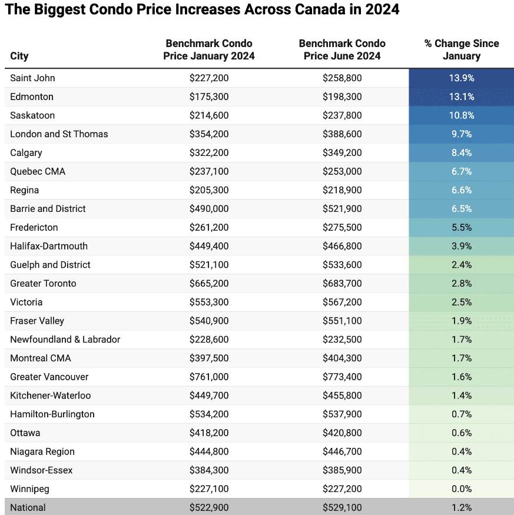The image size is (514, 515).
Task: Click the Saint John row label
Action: (x=33, y=78)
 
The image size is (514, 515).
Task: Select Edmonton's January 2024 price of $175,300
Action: (x=209, y=97)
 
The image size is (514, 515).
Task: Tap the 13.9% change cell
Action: (x=461, y=78)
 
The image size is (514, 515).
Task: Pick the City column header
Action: (x=19, y=56)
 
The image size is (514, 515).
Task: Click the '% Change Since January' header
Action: (x=461, y=49)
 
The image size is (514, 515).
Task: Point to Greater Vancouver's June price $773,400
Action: (x=342, y=377)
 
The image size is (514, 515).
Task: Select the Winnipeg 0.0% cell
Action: (x=461, y=489)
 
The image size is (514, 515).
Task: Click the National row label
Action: (x=28, y=507)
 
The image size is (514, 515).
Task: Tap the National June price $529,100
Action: (x=342, y=507)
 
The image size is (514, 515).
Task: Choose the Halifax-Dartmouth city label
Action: (x=49, y=246)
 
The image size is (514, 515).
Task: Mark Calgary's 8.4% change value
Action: (x=461, y=152)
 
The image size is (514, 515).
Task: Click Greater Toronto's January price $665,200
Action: (x=209, y=283)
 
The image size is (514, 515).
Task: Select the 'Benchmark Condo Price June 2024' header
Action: (x=342, y=49)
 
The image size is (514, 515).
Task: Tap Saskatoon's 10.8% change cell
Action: (x=461, y=115)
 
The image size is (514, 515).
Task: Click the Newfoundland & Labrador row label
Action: (x=65, y=339)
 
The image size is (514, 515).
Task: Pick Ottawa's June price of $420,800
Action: (x=342, y=433)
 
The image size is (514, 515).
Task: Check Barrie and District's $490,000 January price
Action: (x=209, y=208)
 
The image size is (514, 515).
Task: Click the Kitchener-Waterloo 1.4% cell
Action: (x=461, y=396)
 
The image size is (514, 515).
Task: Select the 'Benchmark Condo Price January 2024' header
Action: (x=209, y=49)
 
